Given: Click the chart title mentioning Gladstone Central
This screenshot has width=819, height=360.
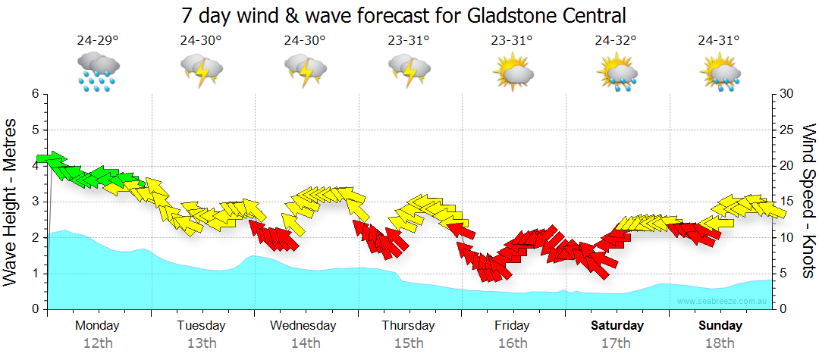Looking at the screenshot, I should point(404,14).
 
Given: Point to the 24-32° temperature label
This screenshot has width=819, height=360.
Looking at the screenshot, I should point(615,41).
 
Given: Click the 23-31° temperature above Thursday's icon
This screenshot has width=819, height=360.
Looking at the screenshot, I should point(409,41).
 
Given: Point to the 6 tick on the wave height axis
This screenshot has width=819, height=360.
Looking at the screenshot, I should point(34,94).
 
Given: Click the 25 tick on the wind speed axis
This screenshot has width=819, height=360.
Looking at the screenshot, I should point(786,130).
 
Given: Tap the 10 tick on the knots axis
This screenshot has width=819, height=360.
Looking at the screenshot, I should point(786,238).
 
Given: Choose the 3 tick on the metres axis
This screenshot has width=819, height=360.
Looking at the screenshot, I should point(34,202).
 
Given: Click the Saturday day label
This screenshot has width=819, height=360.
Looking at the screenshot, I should point(617,326).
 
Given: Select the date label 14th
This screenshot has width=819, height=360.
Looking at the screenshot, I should point(306,343).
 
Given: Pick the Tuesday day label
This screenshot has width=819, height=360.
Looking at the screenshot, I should point(201,326).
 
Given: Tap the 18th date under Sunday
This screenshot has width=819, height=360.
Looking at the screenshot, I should point(720,343).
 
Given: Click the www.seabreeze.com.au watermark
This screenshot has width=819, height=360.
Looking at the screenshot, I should point(723,301).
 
